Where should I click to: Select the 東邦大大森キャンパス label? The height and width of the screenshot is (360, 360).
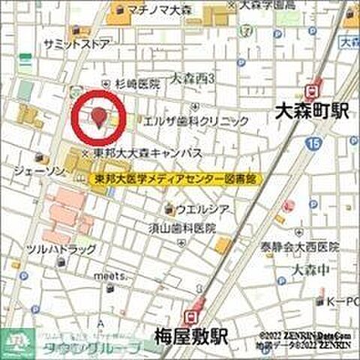[160, 152]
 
